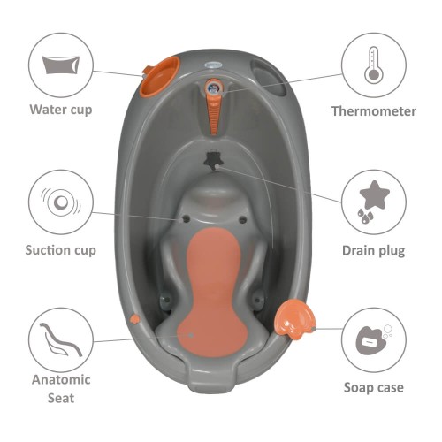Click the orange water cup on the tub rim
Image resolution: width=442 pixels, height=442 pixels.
pos(159,76)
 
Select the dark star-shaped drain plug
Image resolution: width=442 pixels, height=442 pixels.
pos(212,159)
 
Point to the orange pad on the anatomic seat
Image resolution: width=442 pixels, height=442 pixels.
pos(213,293)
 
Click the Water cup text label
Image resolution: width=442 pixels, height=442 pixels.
pos(61,110)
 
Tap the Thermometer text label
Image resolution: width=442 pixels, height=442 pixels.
pos(374,111)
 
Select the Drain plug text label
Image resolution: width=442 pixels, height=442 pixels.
pos(374,250)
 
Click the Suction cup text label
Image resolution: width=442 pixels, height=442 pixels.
pos(61,250)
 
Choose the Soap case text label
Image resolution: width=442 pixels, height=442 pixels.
pos(374,387)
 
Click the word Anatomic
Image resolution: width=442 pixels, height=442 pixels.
pos(61,379)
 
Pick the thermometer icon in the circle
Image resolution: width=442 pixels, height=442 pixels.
pos(373,65)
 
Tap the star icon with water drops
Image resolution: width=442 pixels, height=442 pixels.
pos(372,202)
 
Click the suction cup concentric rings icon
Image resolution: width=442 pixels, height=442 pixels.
pos(61,202)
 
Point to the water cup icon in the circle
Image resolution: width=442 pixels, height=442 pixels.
pos(61,65)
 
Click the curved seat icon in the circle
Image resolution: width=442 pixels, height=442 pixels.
pos(61,339)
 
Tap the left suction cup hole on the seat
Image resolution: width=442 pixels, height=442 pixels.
pos(186,219)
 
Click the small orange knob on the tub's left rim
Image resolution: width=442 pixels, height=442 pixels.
pos(135,318)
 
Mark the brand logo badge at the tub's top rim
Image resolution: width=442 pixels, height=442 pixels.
pos(212,65)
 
